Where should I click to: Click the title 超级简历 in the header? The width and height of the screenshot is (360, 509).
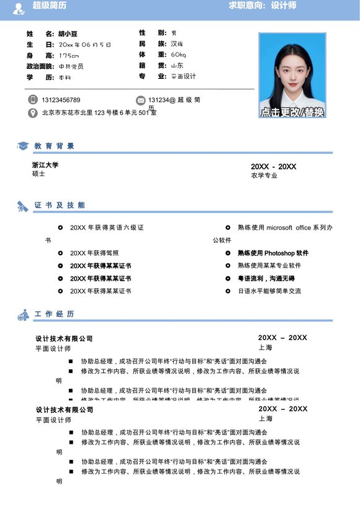50,6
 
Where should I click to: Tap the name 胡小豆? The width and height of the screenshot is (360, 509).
68,34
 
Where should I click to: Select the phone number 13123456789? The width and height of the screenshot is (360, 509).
61,100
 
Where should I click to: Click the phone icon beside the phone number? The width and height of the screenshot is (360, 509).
33,100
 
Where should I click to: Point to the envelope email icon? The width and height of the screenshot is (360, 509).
141,100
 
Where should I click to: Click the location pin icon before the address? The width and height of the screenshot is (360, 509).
33,113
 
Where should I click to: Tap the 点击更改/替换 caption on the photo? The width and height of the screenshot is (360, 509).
292,112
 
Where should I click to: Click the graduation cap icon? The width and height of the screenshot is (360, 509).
23,146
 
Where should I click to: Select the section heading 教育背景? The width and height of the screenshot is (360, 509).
55,146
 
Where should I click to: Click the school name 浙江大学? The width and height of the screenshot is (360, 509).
45,165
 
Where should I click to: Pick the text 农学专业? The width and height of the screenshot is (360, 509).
264,176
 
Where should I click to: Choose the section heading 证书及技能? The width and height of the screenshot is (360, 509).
60,205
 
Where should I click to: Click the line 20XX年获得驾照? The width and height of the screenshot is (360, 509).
94,253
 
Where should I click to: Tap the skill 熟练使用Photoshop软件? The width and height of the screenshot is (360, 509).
272,253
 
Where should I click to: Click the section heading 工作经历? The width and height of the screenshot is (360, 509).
55,314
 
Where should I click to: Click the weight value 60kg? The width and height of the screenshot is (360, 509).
178,55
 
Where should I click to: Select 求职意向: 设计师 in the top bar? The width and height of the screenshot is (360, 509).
263,6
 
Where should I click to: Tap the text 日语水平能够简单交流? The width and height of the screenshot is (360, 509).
269,291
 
